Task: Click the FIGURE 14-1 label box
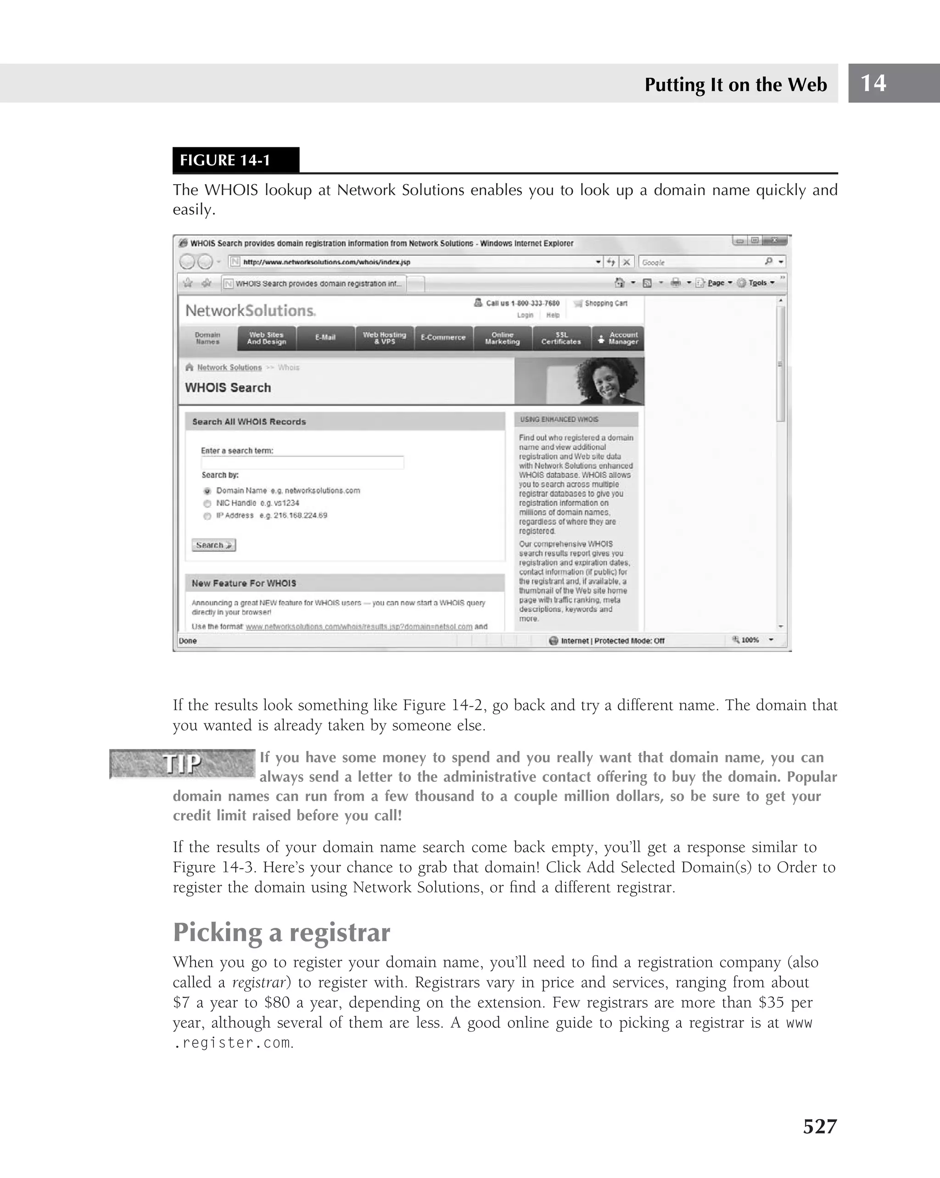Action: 235,160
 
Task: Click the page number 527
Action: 819,1126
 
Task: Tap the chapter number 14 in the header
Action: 873,83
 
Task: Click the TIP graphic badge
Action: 182,763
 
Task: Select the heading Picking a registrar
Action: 281,932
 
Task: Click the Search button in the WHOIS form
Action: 213,545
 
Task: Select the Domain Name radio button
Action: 207,491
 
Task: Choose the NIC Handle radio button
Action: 207,503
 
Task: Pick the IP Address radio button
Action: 207,516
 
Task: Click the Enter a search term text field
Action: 302,463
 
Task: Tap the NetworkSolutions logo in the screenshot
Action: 250,310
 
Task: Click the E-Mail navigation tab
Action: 325,338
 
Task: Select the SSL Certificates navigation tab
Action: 561,338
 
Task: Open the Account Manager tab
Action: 619,338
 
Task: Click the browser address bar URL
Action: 327,262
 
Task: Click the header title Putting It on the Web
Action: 735,84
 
